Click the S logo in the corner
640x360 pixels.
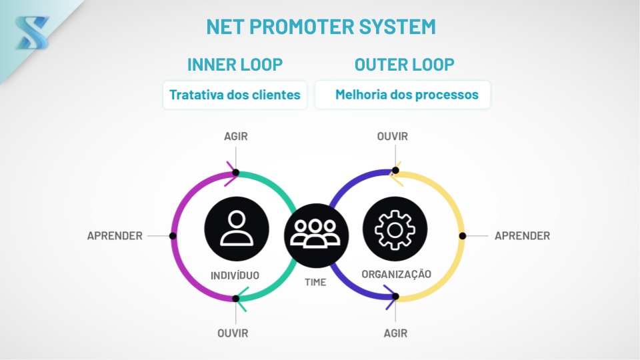[32, 33]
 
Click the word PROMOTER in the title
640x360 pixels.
[301, 27]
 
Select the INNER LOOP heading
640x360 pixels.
[235, 65]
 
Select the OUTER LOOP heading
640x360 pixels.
[404, 65]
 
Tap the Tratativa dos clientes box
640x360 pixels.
[235, 95]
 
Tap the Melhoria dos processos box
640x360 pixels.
[403, 95]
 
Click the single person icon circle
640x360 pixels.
[236, 229]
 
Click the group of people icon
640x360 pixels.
[316, 235]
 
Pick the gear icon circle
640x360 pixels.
[395, 229]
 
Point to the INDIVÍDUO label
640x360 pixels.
[235, 275]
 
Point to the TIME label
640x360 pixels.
[315, 282]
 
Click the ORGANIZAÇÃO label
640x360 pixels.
[396, 274]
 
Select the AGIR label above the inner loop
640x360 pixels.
[235, 136]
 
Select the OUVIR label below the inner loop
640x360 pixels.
[233, 333]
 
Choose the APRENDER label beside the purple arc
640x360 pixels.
[115, 236]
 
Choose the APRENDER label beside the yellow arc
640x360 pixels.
[522, 236]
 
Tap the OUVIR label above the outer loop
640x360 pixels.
[392, 136]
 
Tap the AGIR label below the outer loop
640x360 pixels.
[395, 333]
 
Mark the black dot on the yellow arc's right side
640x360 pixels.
[463, 236]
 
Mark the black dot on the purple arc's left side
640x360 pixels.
[173, 236]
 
